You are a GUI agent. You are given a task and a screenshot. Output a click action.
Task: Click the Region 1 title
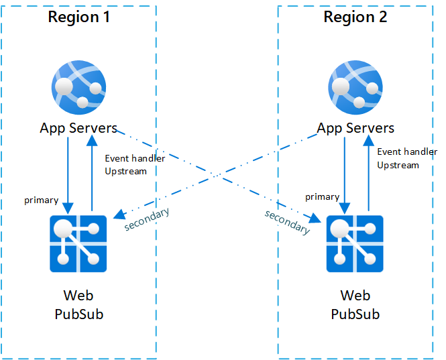pos(78,17)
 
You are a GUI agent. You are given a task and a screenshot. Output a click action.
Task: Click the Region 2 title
pos(355,17)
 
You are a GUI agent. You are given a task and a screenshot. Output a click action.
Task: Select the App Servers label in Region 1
pos(78,128)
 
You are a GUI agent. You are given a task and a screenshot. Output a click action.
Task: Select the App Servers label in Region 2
pos(355,128)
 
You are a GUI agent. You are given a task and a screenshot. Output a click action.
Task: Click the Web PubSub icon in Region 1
pos(78,243)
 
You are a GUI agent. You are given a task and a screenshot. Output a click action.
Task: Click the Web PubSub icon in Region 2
pos(355,243)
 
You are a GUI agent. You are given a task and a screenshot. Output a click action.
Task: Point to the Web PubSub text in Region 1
pos(78,305)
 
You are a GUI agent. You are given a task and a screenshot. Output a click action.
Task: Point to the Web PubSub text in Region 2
pos(355,305)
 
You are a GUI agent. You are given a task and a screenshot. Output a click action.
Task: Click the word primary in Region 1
pos(41,200)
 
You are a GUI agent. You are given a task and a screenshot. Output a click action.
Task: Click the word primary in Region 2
pos(322,196)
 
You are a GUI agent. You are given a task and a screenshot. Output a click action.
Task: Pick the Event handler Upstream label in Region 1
pos(135,165)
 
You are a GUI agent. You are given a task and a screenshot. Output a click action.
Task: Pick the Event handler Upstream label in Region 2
pos(406,158)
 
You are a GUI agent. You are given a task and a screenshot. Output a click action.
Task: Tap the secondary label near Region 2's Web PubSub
pos(288,222)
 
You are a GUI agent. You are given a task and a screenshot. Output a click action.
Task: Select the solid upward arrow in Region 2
pos(368,174)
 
